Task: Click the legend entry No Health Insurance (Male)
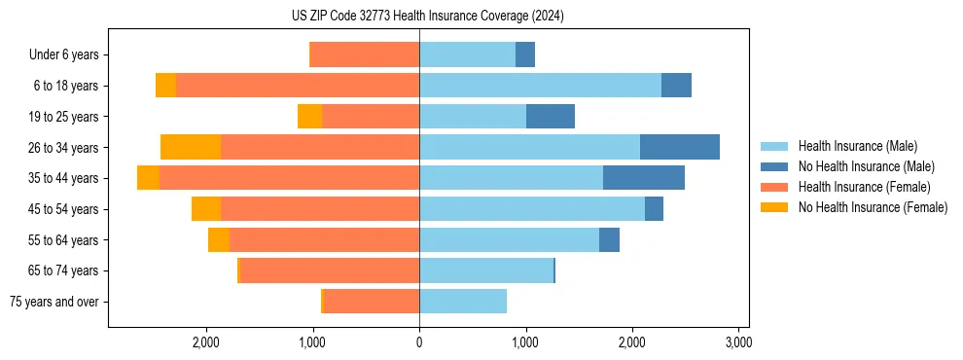pos(866,166)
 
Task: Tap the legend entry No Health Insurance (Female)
pos(873,207)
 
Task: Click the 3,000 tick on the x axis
pos(738,342)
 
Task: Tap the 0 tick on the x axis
pos(419,342)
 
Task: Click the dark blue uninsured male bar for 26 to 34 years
pos(679,147)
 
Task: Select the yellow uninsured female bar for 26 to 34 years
pos(191,147)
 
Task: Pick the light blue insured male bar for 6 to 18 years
pos(540,86)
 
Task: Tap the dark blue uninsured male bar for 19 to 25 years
pos(551,117)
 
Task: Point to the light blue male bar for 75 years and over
pos(463,302)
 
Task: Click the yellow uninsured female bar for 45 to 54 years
pos(206,209)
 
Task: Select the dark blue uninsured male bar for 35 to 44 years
pos(644,178)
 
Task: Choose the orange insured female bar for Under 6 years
pos(364,54)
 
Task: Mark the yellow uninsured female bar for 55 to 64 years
pos(219,239)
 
